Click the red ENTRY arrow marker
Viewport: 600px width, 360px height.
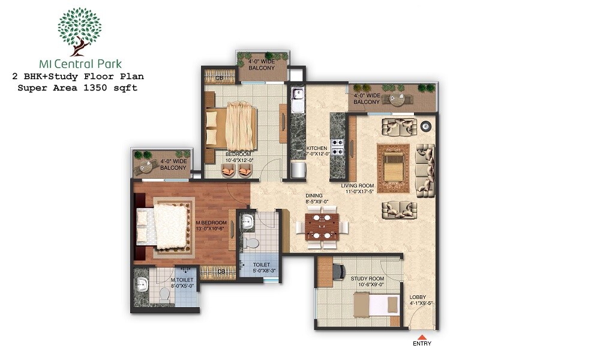[422, 337]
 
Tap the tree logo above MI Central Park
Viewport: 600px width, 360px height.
[80, 30]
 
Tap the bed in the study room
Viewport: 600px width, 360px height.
[375, 305]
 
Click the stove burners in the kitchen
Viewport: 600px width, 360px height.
[337, 148]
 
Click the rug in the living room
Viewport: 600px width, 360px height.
[393, 169]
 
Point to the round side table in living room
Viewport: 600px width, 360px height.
[426, 126]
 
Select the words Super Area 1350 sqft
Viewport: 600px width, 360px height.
[77, 88]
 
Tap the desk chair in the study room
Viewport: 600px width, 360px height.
[337, 271]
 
